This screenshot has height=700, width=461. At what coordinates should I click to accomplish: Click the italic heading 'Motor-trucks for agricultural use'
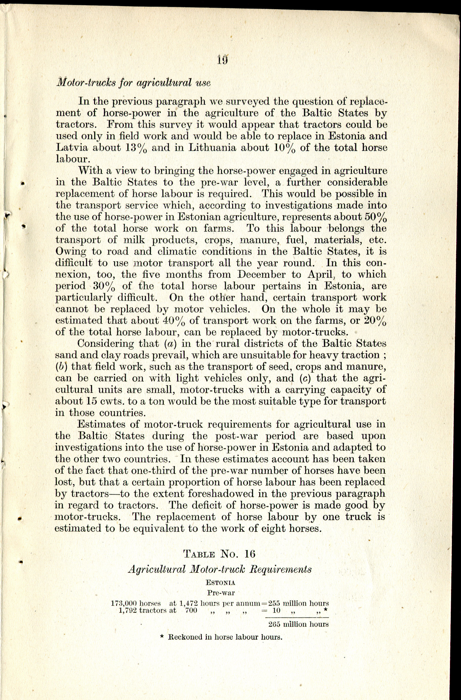pos(133,82)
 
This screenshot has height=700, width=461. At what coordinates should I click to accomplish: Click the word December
pos(261,274)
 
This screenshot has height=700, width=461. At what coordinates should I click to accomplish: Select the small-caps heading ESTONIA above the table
pos(220,583)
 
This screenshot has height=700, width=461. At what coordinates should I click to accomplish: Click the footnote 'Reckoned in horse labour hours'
pos(225,637)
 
